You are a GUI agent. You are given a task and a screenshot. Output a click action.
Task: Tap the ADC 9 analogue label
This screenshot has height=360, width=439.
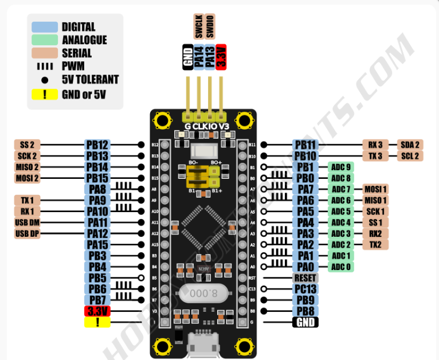point(340,167)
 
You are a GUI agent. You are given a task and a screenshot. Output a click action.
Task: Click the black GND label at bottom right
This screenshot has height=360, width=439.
point(305,322)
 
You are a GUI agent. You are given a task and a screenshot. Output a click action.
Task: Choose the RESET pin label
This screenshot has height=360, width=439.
point(305,277)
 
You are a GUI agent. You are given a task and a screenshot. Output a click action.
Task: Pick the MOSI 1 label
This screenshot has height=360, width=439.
point(375,189)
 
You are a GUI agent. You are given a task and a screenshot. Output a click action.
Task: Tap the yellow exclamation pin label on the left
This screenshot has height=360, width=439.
point(97,322)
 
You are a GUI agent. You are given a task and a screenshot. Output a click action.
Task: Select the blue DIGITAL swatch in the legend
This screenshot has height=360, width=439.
point(44,27)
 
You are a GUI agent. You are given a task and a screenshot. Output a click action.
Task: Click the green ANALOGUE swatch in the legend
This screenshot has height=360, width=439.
point(44,40)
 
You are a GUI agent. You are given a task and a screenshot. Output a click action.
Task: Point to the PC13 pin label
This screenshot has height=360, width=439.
point(305,289)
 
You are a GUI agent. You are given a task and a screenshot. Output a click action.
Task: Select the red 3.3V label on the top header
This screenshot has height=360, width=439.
point(221,57)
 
